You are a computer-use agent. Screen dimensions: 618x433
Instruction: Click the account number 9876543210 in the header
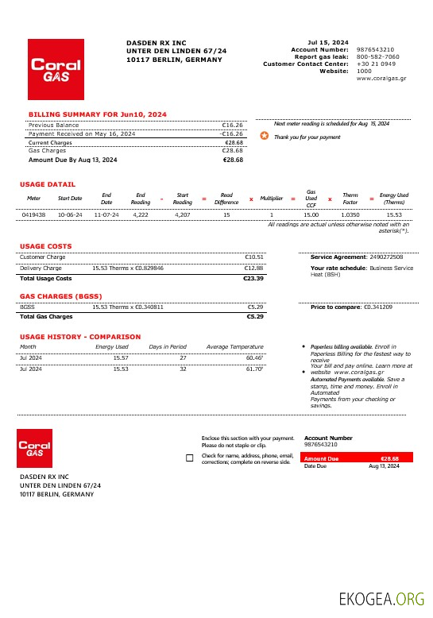point(375,49)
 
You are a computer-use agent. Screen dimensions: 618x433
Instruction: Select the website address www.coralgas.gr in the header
point(381,79)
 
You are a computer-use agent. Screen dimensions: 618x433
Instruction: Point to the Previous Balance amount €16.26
point(232,125)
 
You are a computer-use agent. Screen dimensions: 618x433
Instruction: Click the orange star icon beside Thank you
point(265,136)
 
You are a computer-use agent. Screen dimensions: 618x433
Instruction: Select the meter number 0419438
point(33,214)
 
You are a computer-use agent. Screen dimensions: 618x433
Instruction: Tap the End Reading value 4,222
point(141,214)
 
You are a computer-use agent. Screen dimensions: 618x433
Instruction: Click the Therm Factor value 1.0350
point(350,214)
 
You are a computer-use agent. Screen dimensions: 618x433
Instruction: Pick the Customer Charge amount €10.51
point(254,257)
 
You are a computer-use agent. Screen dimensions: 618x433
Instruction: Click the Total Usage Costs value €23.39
point(253,279)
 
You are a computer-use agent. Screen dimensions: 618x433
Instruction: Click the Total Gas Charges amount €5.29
point(255,316)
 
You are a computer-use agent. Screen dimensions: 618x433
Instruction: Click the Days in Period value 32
point(183,369)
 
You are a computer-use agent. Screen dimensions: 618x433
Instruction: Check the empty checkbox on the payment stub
point(188,458)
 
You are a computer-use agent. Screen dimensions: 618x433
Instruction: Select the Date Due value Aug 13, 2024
point(384,466)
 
